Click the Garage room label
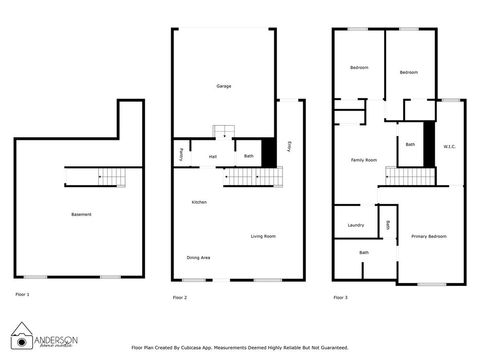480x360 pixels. coord(224,87)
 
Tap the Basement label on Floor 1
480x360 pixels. coord(81,215)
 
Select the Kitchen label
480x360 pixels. coord(199,203)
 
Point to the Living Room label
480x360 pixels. coord(263,236)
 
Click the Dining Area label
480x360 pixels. coord(199,258)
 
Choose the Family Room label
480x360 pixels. coord(363,160)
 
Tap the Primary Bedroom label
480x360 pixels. coord(428,236)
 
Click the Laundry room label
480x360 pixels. coord(355,225)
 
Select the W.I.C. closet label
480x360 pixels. coord(450,147)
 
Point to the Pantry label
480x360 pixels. coord(180,155)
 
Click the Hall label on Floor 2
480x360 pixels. coord(213,156)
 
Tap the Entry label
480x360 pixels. coord(290,144)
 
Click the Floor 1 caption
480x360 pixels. coord(22,294)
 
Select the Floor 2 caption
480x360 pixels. coord(179,297)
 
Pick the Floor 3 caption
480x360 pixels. coord(340,297)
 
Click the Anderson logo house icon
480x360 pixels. coord(21,333)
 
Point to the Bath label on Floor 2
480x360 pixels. coord(248,156)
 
